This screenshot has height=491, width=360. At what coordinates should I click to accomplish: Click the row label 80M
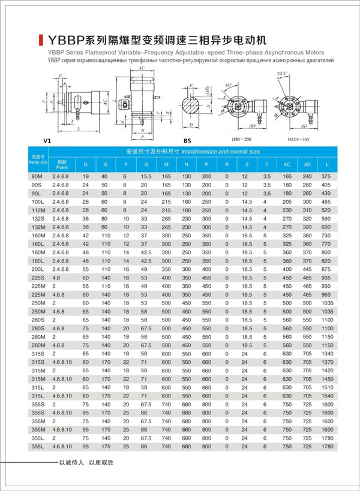coord(37,176)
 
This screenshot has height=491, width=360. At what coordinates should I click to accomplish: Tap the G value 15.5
coord(144,176)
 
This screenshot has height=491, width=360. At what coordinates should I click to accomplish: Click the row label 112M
coord(37,210)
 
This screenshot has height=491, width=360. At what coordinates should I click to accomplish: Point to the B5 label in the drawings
coord(187,140)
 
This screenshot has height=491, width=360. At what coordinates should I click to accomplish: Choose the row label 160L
coord(37,245)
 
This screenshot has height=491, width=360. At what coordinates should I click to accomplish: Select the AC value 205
coord(287,202)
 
